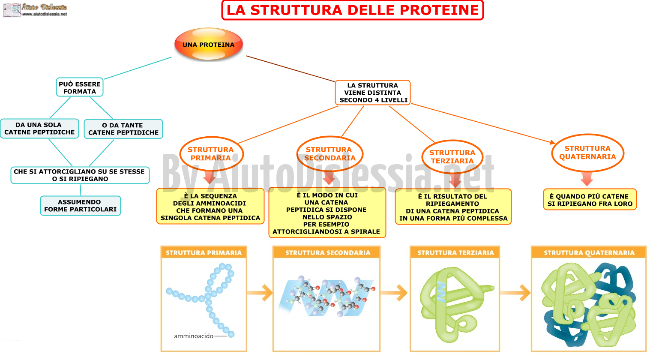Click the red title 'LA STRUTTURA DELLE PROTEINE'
point(353,10)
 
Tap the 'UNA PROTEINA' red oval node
point(209,44)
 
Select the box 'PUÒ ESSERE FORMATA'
point(80,87)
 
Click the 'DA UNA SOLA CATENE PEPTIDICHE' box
point(39,129)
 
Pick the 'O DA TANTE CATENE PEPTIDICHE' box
point(123,129)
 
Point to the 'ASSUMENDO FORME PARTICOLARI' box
point(81,206)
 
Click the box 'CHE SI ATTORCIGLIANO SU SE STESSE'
point(80,175)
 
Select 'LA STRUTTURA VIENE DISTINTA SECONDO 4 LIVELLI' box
point(373,93)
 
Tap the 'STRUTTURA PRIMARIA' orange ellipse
point(211,153)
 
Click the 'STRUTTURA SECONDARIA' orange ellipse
point(330,153)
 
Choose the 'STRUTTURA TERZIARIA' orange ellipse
point(452,157)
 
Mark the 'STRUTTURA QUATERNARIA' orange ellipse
point(588,153)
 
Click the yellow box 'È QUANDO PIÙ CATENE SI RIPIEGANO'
point(590,199)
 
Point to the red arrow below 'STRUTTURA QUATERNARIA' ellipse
point(587,179)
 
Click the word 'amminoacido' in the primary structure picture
point(194,336)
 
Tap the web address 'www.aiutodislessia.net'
point(45,14)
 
